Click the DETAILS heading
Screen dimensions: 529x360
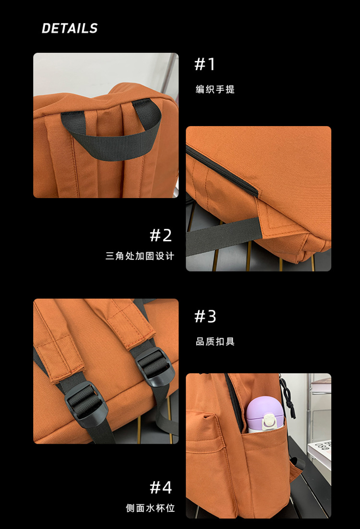[70, 29]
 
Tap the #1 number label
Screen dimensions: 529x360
[205, 64]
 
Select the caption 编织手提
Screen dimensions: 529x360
[215, 89]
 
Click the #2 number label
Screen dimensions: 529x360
[161, 235]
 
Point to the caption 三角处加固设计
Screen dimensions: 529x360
[140, 256]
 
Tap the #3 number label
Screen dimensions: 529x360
[205, 317]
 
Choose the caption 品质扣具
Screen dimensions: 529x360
[215, 342]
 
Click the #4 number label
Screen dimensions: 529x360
[161, 488]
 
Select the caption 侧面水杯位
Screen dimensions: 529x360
[150, 508]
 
